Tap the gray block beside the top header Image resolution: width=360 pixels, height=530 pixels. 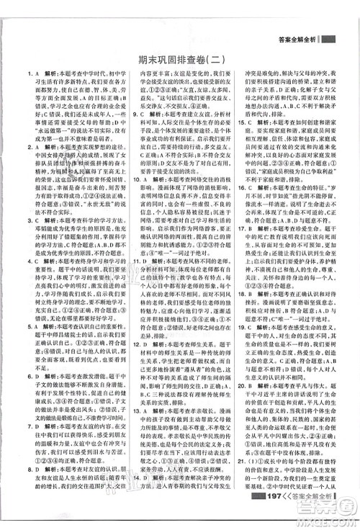328,40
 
